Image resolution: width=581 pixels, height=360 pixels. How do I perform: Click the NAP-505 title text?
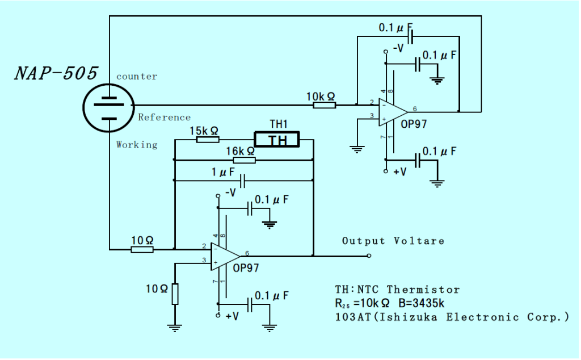tap(56, 73)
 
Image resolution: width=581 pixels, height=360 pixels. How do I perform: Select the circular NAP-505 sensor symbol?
tap(108, 106)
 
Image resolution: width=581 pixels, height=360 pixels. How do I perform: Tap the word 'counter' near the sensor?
tap(136, 76)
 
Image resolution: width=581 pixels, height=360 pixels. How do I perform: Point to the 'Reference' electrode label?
tap(164, 117)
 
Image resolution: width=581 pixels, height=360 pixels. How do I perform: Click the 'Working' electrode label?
tap(137, 144)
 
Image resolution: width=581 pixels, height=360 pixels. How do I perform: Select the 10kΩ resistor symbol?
tap(325, 105)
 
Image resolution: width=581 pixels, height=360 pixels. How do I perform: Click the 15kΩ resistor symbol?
tap(208, 139)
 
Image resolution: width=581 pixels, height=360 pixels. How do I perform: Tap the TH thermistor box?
tap(277, 139)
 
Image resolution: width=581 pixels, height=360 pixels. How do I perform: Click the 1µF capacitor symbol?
tap(243, 181)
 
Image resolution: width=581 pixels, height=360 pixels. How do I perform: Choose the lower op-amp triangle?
tap(225, 256)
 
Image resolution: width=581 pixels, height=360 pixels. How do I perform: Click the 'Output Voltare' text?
tap(393, 241)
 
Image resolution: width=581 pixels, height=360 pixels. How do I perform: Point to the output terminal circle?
tap(369, 256)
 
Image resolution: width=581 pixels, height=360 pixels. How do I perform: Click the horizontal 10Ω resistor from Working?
tap(142, 249)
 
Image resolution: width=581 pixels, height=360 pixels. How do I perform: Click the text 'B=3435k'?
tap(419, 303)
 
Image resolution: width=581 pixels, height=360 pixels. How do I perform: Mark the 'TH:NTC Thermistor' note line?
tap(397, 290)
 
